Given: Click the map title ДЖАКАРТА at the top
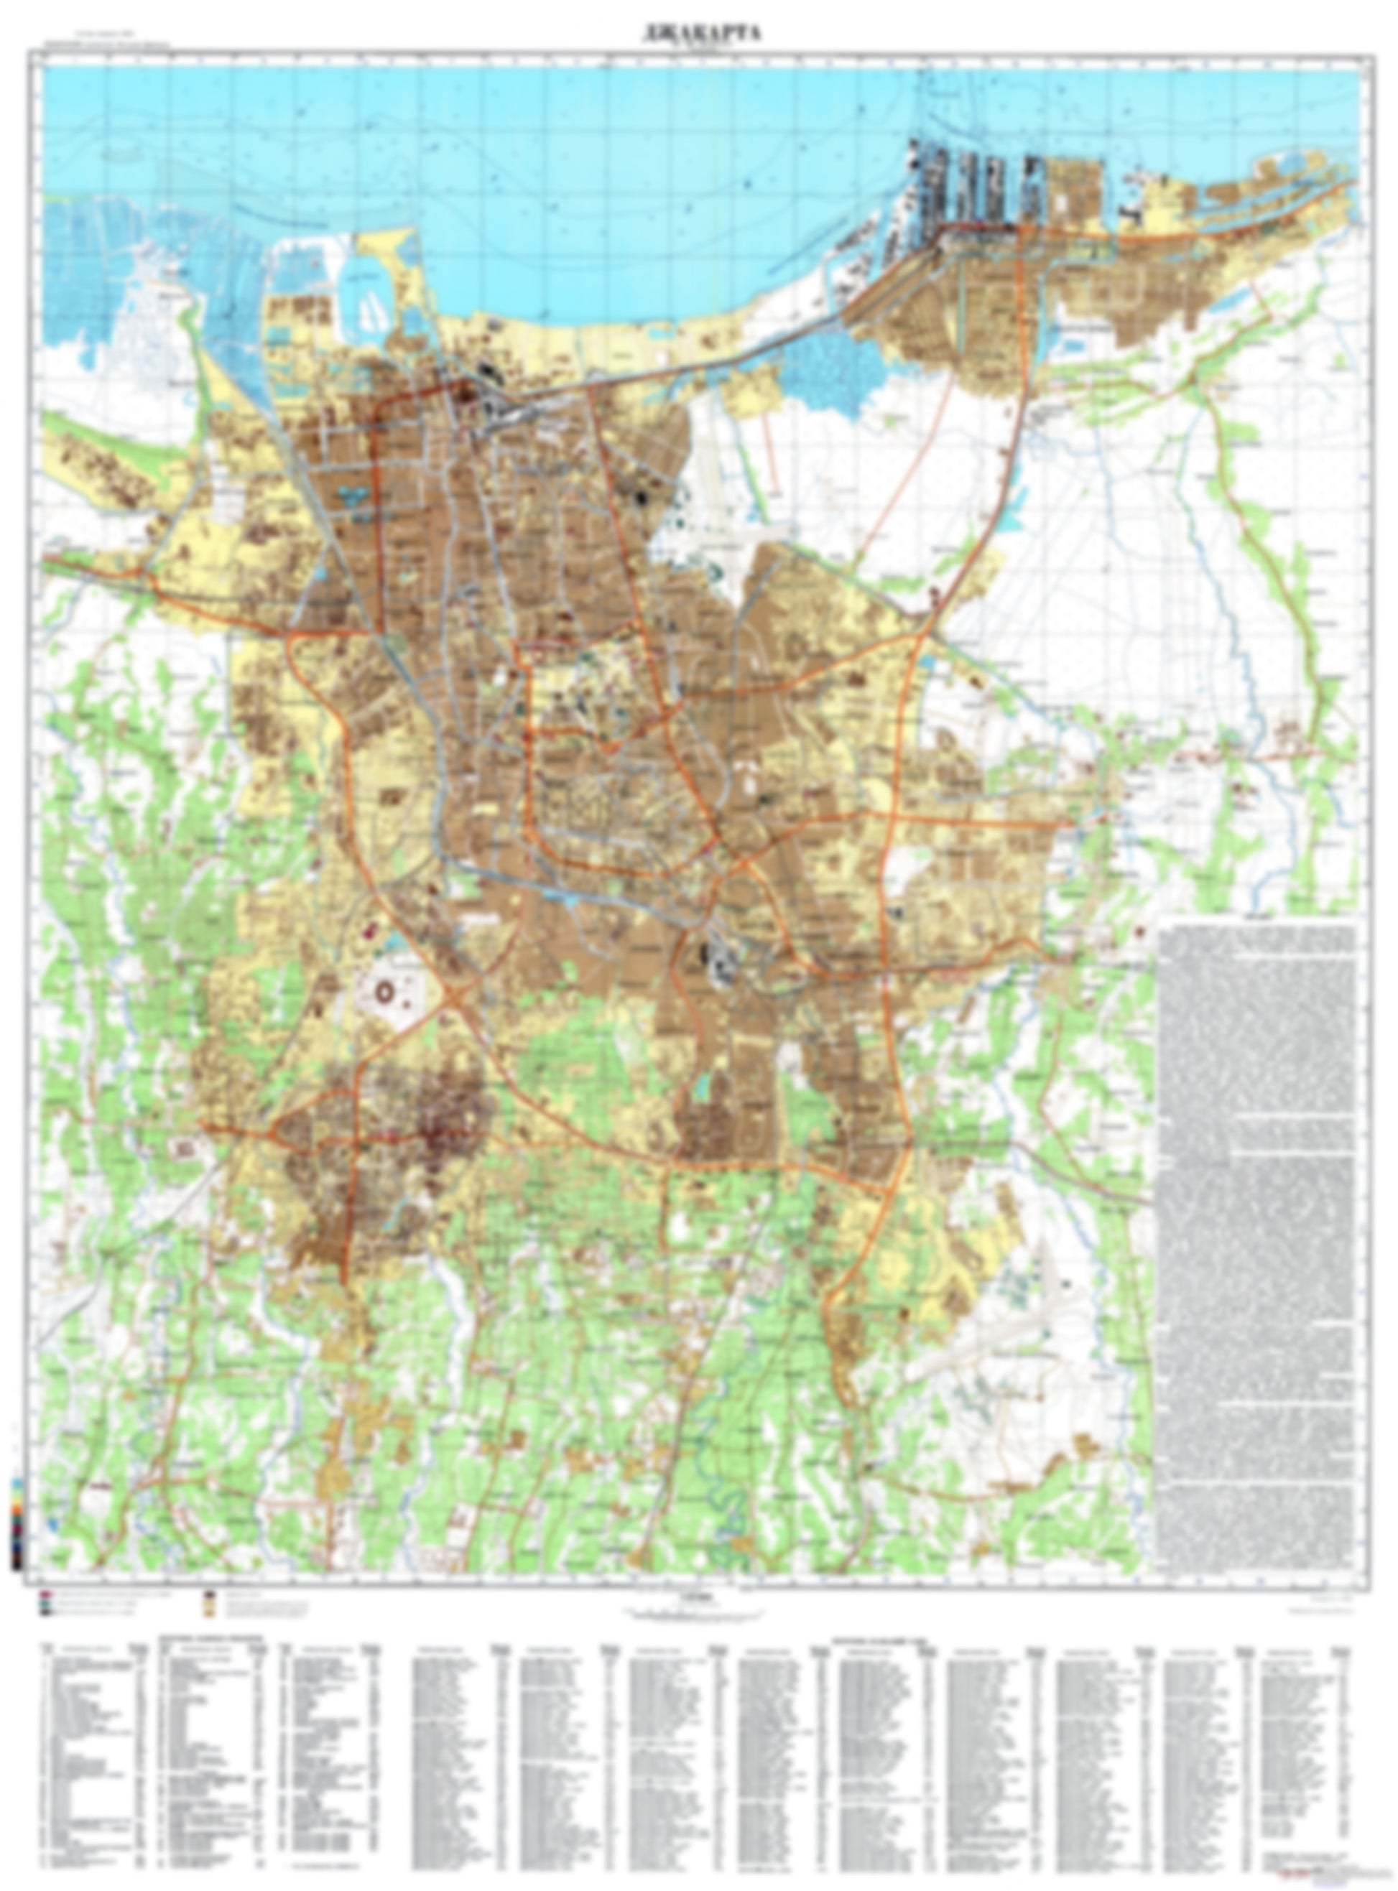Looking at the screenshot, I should [x=698, y=33].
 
